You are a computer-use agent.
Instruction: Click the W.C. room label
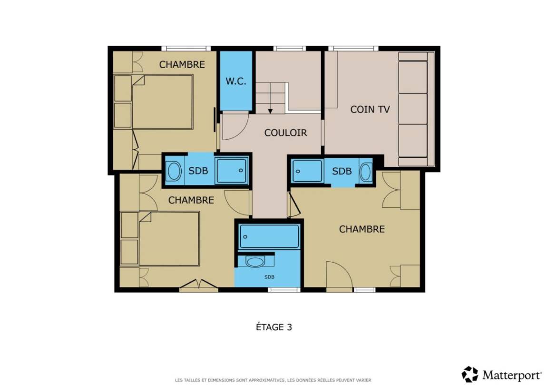pos(235,81)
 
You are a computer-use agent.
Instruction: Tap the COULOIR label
pos(285,133)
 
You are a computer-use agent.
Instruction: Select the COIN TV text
pos(370,109)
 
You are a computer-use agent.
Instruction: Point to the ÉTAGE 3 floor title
pos(274,327)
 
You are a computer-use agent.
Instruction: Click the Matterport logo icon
pos(470,374)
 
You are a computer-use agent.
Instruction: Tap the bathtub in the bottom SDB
pos(269,237)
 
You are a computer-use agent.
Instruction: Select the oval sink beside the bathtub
pos(255,262)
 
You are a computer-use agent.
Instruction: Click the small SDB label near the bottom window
pos(269,277)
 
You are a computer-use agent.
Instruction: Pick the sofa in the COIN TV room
pos(416,109)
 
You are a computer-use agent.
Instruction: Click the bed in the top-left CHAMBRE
pos(163,102)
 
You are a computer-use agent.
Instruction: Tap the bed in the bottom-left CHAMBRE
pos(169,238)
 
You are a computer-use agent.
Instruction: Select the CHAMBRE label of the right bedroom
pos(362,229)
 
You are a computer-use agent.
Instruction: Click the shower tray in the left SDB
pos(232,171)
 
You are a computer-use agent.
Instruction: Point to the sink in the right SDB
pos(365,172)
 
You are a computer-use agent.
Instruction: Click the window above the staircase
pos(289,49)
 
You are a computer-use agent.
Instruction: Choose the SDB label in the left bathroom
pos(198,171)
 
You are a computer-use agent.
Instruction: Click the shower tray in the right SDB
pos(308,171)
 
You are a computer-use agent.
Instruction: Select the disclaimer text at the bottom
pos(273,380)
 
